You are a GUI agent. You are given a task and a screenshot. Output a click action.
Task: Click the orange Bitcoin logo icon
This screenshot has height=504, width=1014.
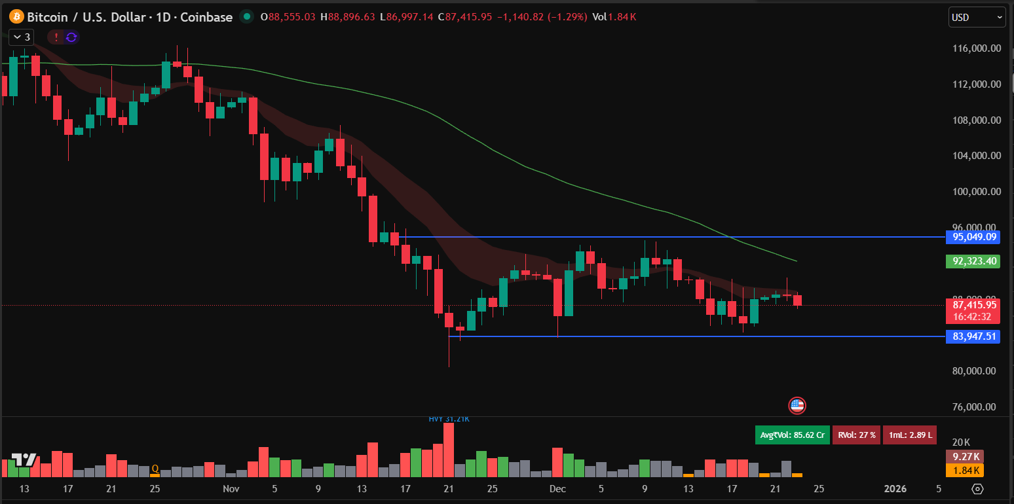pyautogui.click(x=16, y=17)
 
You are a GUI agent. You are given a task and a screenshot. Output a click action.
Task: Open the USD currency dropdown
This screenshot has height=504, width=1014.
pyautogui.click(x=976, y=17)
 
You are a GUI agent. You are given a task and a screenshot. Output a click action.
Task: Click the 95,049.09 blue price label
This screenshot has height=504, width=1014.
pyautogui.click(x=974, y=237)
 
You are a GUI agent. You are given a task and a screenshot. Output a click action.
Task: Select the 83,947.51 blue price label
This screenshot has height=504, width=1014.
pyautogui.click(x=974, y=336)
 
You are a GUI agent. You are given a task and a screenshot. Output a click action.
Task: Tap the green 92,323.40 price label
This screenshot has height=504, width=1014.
pyautogui.click(x=974, y=261)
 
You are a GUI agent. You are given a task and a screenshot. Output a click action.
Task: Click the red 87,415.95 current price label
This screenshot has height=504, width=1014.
pyautogui.click(x=974, y=305)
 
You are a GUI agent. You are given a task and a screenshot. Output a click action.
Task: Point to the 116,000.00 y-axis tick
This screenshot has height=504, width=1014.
pyautogui.click(x=977, y=48)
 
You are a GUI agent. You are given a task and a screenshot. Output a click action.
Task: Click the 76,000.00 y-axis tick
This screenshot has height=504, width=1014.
pyautogui.click(x=977, y=406)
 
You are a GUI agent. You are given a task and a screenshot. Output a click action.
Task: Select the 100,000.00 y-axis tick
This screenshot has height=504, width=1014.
pyautogui.click(x=977, y=192)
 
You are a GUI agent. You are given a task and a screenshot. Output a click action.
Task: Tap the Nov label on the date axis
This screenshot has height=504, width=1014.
pyautogui.click(x=231, y=488)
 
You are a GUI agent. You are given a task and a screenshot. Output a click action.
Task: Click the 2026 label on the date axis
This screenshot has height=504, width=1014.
pyautogui.click(x=895, y=488)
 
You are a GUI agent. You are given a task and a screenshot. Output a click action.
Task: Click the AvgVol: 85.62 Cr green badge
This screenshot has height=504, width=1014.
pyautogui.click(x=792, y=435)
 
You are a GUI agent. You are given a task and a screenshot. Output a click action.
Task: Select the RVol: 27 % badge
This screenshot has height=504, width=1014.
pyautogui.click(x=856, y=435)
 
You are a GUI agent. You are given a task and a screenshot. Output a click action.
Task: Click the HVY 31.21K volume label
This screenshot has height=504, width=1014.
pyautogui.click(x=449, y=419)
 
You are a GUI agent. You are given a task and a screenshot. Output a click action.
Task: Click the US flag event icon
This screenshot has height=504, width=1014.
pyautogui.click(x=797, y=405)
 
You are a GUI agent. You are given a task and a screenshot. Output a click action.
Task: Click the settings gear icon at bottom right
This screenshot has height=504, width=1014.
pyautogui.click(x=977, y=489)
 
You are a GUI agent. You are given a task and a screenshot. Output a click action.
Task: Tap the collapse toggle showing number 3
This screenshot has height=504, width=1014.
pyautogui.click(x=21, y=37)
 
